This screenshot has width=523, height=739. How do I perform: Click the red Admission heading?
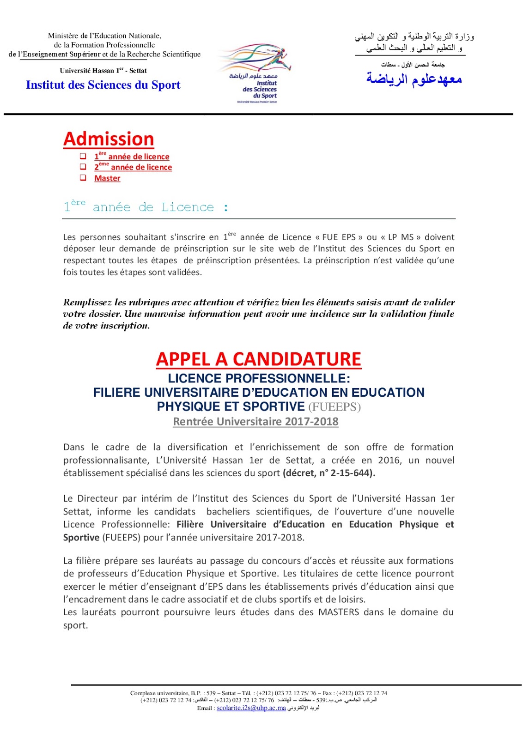(109, 139)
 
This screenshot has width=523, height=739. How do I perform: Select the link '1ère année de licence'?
(132, 157)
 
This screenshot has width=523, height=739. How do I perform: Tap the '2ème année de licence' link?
(133, 167)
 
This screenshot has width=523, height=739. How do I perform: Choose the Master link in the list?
(107, 178)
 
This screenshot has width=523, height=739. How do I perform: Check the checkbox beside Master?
(83, 177)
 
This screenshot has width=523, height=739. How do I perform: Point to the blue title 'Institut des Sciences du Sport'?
(103, 85)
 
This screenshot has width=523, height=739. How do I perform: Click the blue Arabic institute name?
(414, 79)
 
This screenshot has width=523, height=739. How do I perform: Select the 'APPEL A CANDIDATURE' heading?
(258, 359)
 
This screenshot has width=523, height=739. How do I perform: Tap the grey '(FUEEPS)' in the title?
(334, 407)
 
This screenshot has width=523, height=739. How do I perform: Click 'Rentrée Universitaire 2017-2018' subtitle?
(255, 422)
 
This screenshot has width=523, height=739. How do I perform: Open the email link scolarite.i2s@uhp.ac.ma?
(251, 708)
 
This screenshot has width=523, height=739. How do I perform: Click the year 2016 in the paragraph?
(389, 460)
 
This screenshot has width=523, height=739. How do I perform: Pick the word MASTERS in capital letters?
(339, 612)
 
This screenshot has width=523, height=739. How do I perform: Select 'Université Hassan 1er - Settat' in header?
(103, 71)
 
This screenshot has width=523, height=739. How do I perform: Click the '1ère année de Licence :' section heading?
(146, 206)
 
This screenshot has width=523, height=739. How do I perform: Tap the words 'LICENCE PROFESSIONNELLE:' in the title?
(259, 378)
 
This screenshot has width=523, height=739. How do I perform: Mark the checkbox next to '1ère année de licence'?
(83, 156)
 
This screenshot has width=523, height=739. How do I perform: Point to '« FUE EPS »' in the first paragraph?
(339, 237)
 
